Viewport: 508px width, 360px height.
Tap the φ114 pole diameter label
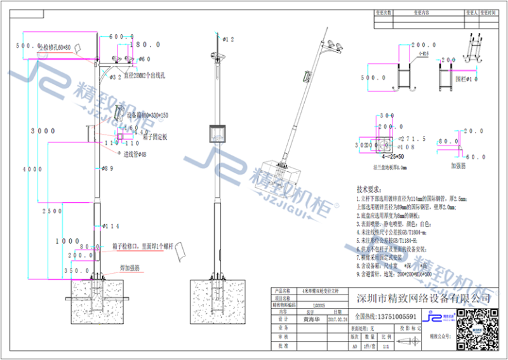tap(111, 225)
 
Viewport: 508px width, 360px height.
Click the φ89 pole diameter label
tap(107, 168)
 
